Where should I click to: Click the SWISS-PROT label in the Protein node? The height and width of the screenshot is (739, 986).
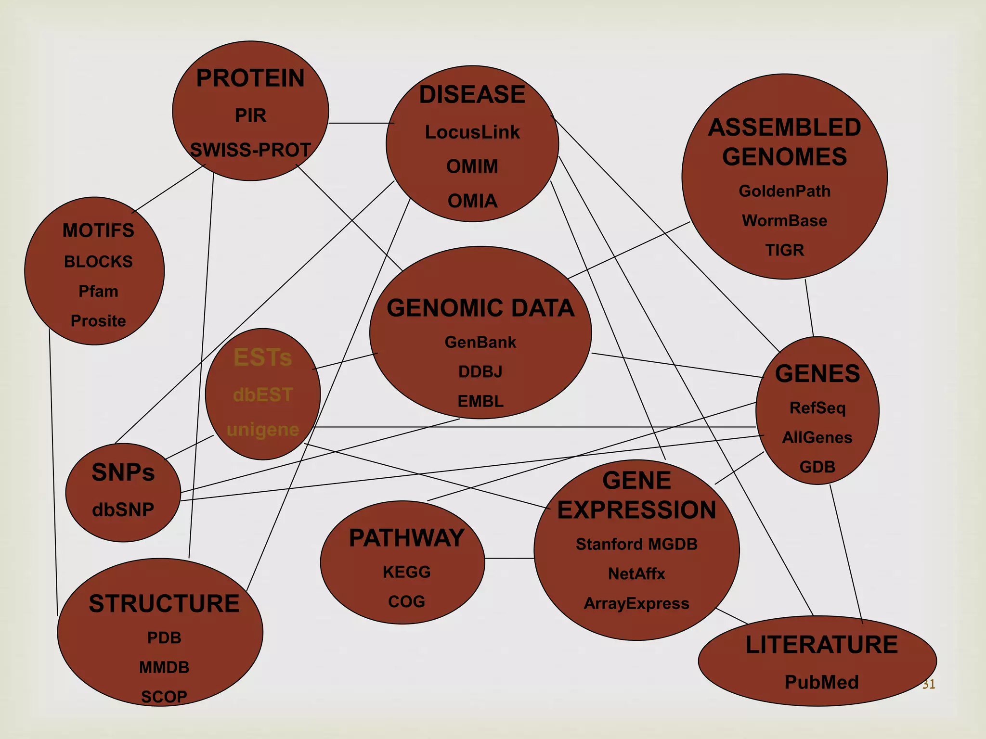click(250, 150)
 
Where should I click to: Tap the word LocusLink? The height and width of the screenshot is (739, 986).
click(472, 132)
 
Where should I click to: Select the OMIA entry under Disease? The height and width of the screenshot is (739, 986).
click(472, 201)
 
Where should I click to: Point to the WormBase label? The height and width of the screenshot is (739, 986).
click(784, 221)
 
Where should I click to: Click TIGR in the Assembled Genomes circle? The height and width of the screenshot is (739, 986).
click(784, 250)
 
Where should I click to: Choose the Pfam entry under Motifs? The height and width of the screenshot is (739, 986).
click(98, 291)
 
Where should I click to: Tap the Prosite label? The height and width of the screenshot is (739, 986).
click(98, 321)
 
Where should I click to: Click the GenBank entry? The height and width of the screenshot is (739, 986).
click(480, 342)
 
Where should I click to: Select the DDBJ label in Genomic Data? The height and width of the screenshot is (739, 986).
click(480, 372)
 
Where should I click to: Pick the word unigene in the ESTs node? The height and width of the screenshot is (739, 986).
click(263, 429)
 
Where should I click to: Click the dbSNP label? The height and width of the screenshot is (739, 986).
click(123, 510)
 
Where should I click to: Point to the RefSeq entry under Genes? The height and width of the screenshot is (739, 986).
click(817, 408)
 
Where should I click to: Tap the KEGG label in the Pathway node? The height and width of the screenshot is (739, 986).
click(406, 572)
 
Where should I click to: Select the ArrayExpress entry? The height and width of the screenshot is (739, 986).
click(636, 603)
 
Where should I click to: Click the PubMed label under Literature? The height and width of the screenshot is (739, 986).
click(821, 682)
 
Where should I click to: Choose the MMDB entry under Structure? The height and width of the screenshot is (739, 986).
click(164, 667)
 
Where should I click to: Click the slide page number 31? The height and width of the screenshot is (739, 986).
click(928, 684)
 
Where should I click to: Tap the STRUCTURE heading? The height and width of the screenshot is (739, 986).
click(164, 603)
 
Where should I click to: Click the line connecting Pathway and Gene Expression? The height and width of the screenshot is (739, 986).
click(509, 559)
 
